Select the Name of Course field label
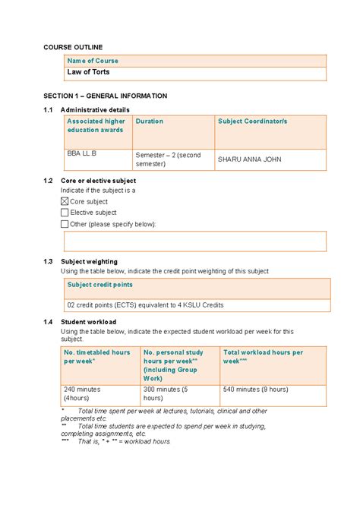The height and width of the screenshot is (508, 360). pos(93,61)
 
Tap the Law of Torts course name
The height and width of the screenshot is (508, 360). pos(88,72)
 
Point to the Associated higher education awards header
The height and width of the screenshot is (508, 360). pos(96,125)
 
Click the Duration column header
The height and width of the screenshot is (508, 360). pos(150,121)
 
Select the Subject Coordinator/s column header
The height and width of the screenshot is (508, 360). pos(252,121)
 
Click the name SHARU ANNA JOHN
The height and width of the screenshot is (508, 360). pos(252,159)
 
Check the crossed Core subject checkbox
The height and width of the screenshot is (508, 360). pos(65,202)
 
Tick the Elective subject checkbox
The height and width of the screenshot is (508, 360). pos(65,213)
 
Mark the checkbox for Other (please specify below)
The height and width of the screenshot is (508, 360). pos(65,224)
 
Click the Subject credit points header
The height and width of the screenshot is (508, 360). pos(99,285)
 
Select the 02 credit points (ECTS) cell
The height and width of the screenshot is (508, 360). pos(144,304)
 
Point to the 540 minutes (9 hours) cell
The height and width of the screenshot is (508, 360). pos(256,389)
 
